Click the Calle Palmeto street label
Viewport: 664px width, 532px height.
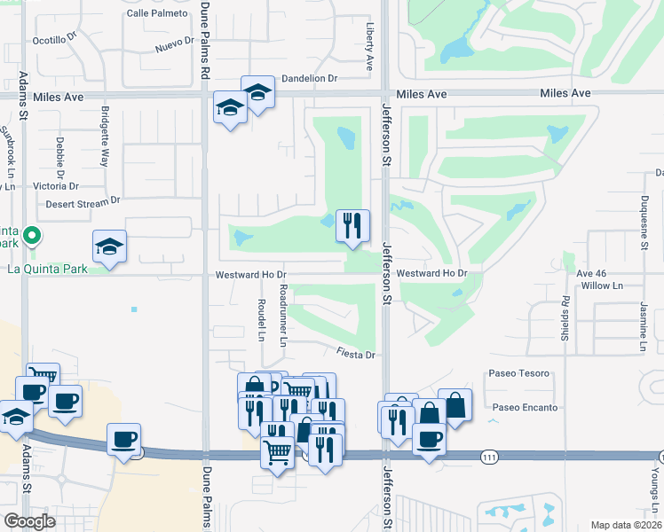click(157, 13)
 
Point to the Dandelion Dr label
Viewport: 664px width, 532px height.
click(310, 78)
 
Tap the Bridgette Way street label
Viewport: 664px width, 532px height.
click(105, 137)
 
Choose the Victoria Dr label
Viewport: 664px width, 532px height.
click(56, 186)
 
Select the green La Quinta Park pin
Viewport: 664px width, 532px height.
click(32, 236)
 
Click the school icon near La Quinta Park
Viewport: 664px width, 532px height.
click(110, 246)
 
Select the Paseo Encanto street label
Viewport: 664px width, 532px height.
click(525, 408)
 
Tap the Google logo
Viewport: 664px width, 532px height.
click(30, 521)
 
